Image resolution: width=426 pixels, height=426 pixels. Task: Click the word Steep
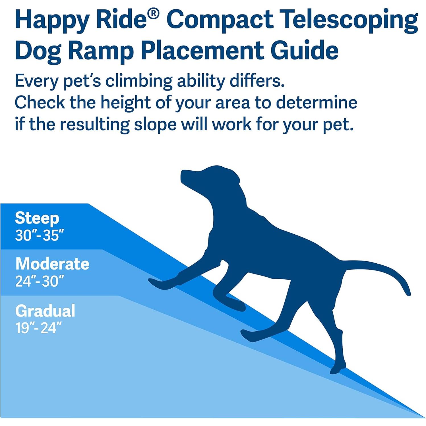pos(37,218)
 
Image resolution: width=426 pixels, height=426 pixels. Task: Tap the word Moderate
pos(52,264)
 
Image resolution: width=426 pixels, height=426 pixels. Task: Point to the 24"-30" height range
pos(40,281)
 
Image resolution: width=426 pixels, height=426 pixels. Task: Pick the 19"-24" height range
pos(38,328)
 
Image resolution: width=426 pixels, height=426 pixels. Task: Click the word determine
pos(317,103)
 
